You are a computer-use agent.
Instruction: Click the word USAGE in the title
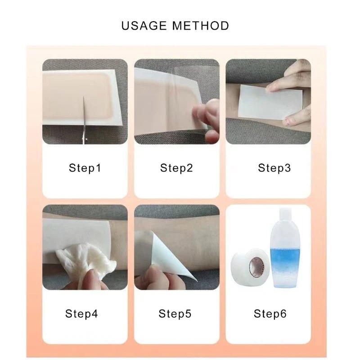[x=144, y=26]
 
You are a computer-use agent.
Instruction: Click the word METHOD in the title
[x=200, y=26]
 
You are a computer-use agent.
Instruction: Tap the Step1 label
[x=85, y=168]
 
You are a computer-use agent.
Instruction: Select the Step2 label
[x=176, y=168]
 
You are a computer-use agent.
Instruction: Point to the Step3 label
[x=274, y=168]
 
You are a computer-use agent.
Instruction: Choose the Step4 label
[x=81, y=314]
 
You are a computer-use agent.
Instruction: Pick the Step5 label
[x=175, y=314]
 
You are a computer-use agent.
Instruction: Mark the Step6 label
[x=270, y=314]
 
